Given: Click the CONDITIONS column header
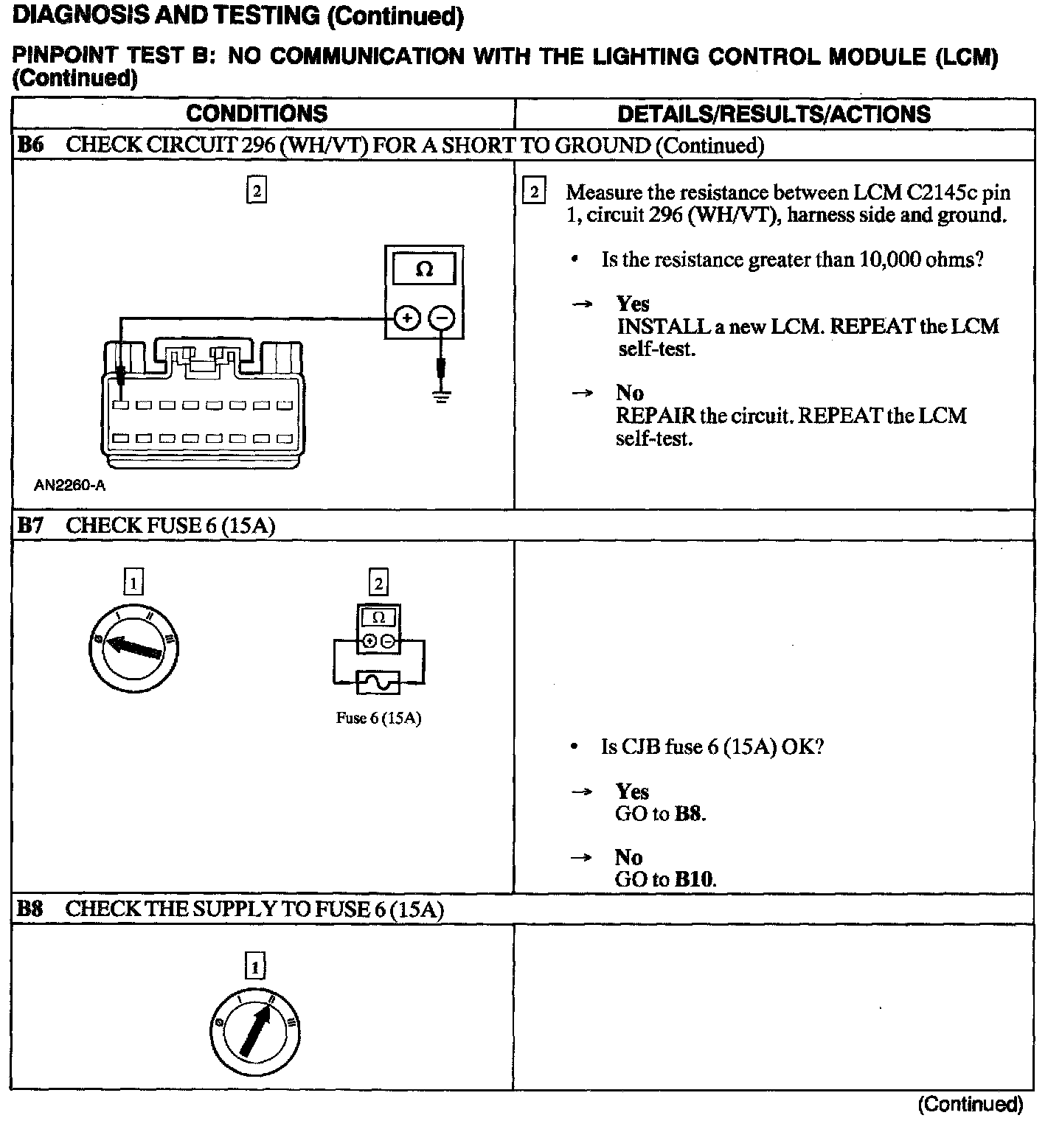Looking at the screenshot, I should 257,113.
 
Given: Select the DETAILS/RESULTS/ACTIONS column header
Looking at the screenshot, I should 774,113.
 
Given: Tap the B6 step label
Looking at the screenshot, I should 30,144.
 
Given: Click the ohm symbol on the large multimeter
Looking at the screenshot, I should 424,269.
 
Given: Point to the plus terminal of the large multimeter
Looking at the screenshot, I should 406,318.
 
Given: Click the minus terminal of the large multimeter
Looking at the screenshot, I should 441,318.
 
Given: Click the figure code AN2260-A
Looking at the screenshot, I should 70,486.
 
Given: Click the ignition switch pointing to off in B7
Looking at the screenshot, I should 133,648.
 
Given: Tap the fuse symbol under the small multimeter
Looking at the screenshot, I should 378,682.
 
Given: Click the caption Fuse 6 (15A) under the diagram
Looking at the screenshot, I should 378,718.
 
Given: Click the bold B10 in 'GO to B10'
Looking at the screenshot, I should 694,879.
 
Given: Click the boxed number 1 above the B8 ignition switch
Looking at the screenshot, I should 255,966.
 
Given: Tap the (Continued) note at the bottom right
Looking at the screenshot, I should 970,1104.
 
